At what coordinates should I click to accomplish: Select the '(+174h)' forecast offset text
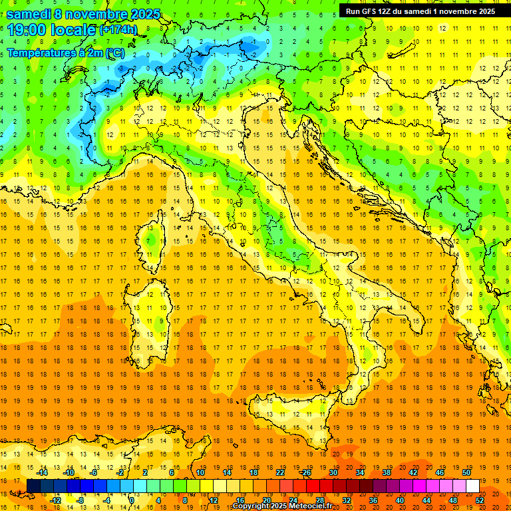click(x=118, y=30)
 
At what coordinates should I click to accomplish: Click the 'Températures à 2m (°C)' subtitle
click(x=65, y=53)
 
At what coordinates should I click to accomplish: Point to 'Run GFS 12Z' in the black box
click(x=370, y=11)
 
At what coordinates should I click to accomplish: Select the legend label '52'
click(x=480, y=500)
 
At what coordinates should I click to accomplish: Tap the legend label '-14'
click(x=41, y=472)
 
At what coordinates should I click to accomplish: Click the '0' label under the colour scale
click(x=132, y=500)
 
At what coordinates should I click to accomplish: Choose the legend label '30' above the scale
click(x=333, y=472)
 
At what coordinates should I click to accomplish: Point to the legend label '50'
click(x=466, y=472)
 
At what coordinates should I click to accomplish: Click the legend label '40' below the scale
click(x=400, y=500)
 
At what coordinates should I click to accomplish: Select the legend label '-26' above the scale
click(x=305, y=472)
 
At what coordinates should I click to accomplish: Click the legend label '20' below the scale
click(x=266, y=500)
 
